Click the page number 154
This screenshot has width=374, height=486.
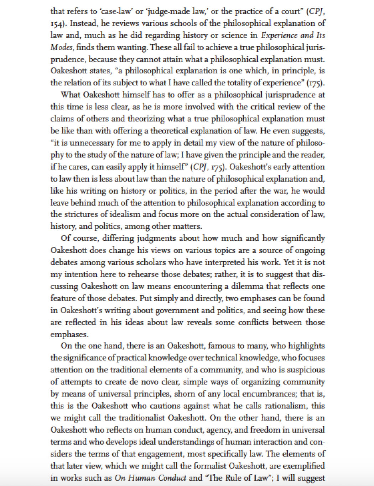(x=58, y=23)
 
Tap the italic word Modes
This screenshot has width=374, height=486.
(x=62, y=47)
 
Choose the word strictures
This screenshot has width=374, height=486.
(x=80, y=214)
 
